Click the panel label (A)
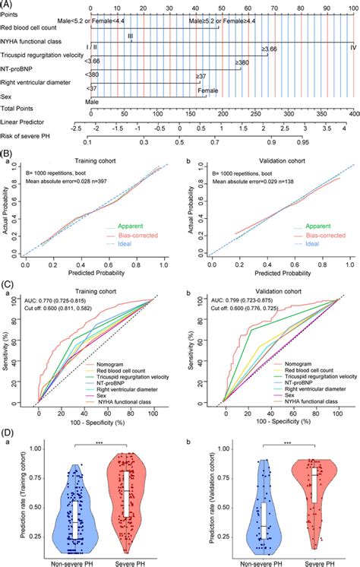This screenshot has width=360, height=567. (x=8, y=3)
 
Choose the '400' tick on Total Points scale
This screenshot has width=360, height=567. (x=352, y=112)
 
